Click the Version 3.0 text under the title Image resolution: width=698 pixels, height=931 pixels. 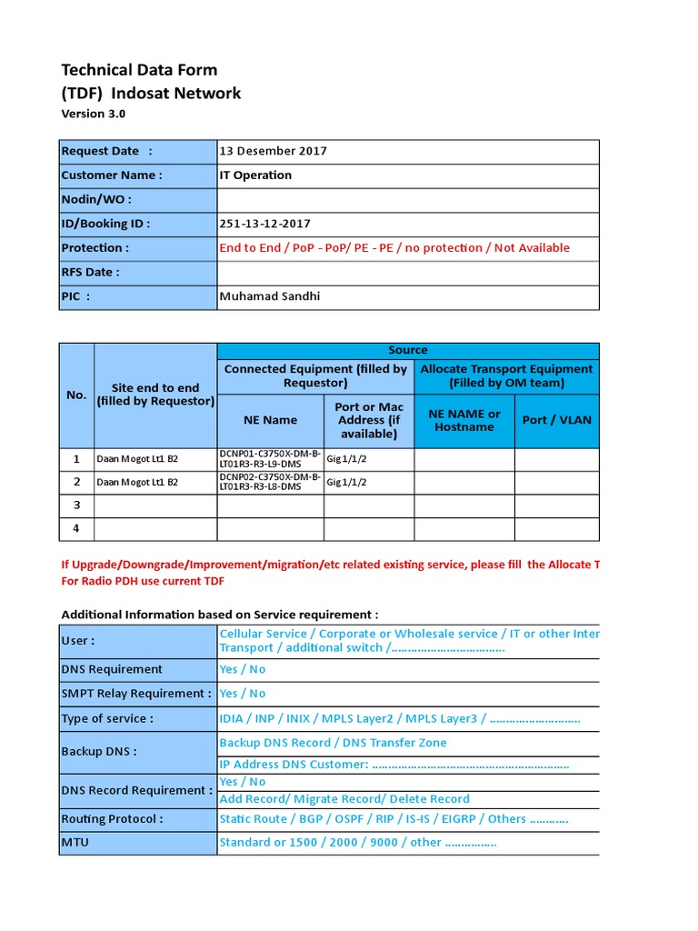(x=93, y=115)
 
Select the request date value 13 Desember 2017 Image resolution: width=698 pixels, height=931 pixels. (x=274, y=152)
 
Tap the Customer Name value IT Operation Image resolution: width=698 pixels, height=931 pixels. (x=255, y=175)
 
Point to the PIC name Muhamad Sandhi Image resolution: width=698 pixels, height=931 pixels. (x=270, y=296)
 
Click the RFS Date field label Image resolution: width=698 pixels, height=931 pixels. (x=90, y=272)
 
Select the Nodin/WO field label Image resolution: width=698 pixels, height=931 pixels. (x=95, y=199)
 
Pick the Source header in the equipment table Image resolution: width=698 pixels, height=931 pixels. (x=407, y=350)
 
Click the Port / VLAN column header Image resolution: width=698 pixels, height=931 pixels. (x=556, y=420)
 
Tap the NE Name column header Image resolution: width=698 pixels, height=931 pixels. (x=270, y=420)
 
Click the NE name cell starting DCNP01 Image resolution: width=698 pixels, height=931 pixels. (x=270, y=458)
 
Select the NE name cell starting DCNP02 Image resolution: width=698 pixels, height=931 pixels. (x=270, y=482)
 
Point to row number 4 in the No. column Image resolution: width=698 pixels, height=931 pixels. (x=76, y=528)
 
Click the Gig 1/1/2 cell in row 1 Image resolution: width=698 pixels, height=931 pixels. (x=346, y=458)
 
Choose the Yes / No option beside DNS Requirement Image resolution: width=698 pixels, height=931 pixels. (x=243, y=669)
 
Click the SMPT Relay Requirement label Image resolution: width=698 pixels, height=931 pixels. (x=135, y=694)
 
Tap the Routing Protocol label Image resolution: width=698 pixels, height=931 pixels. (x=112, y=819)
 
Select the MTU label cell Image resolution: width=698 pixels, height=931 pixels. (x=75, y=843)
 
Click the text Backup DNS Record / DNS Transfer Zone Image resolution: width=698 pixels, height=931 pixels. (x=333, y=743)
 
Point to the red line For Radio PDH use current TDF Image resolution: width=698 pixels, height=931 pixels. (x=142, y=581)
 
